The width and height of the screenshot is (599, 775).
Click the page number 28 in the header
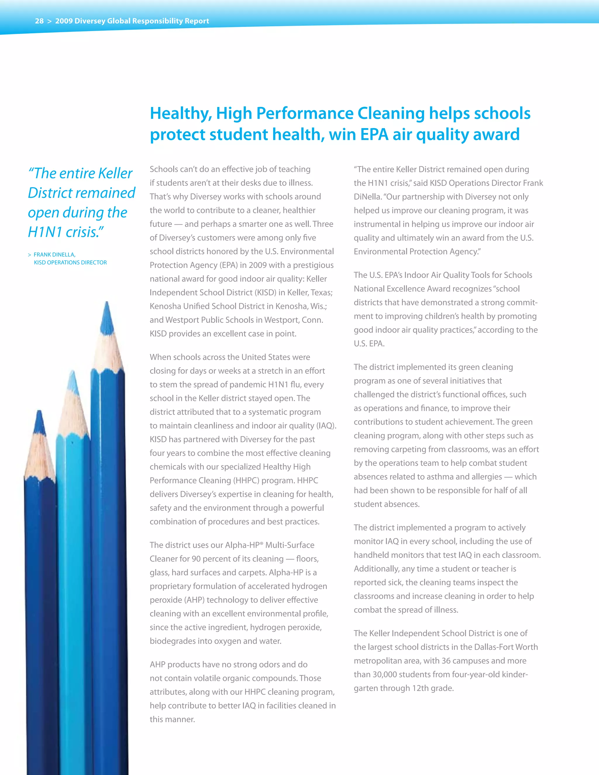pyautogui.click(x=39, y=21)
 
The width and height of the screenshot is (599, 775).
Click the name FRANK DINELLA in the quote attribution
pyautogui.click(x=54, y=255)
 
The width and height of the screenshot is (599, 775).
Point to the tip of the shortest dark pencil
pyautogui.click(x=39, y=413)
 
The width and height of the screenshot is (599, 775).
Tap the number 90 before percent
pyautogui.click(x=196, y=559)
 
